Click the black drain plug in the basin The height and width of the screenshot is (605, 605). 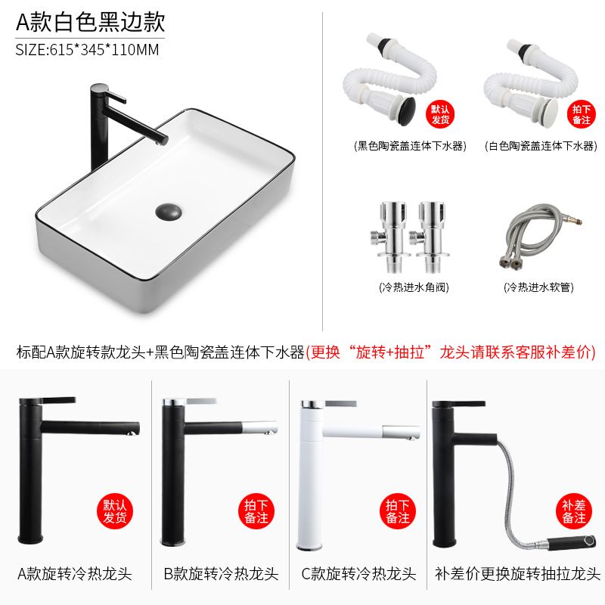(169, 212)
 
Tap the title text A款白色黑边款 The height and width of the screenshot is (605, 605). (91, 22)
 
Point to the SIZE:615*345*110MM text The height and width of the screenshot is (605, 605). (87, 50)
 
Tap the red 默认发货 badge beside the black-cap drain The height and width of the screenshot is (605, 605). (440, 114)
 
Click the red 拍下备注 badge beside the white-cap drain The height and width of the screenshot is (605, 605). (581, 114)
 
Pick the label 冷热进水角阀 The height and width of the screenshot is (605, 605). (414, 287)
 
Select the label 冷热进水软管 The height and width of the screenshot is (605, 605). (538, 287)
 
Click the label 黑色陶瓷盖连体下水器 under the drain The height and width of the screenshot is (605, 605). (410, 146)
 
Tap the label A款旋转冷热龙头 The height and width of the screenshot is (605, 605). (75, 574)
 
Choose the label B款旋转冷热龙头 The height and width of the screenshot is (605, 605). (221, 574)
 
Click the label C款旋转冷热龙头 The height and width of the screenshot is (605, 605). (358, 574)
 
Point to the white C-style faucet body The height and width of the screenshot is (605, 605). (311, 475)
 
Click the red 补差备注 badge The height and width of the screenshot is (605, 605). (574, 512)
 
